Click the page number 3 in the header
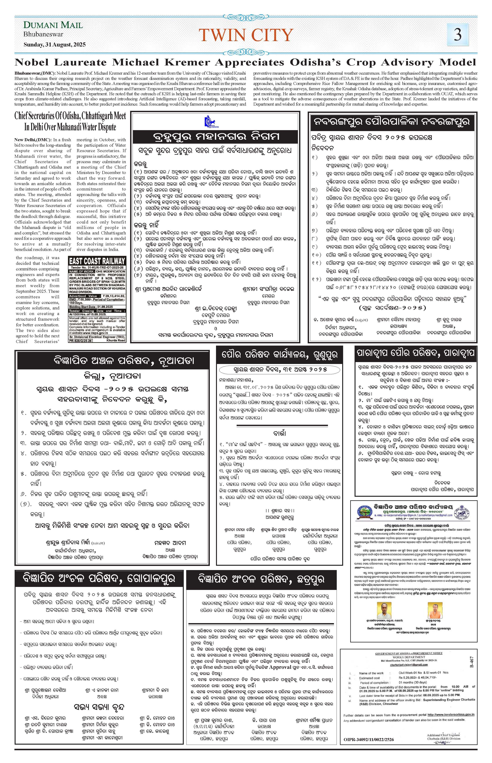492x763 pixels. [x=458, y=35]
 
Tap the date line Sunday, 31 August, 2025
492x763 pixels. [x=55, y=45]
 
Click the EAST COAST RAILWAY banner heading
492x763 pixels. [x=97, y=260]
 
